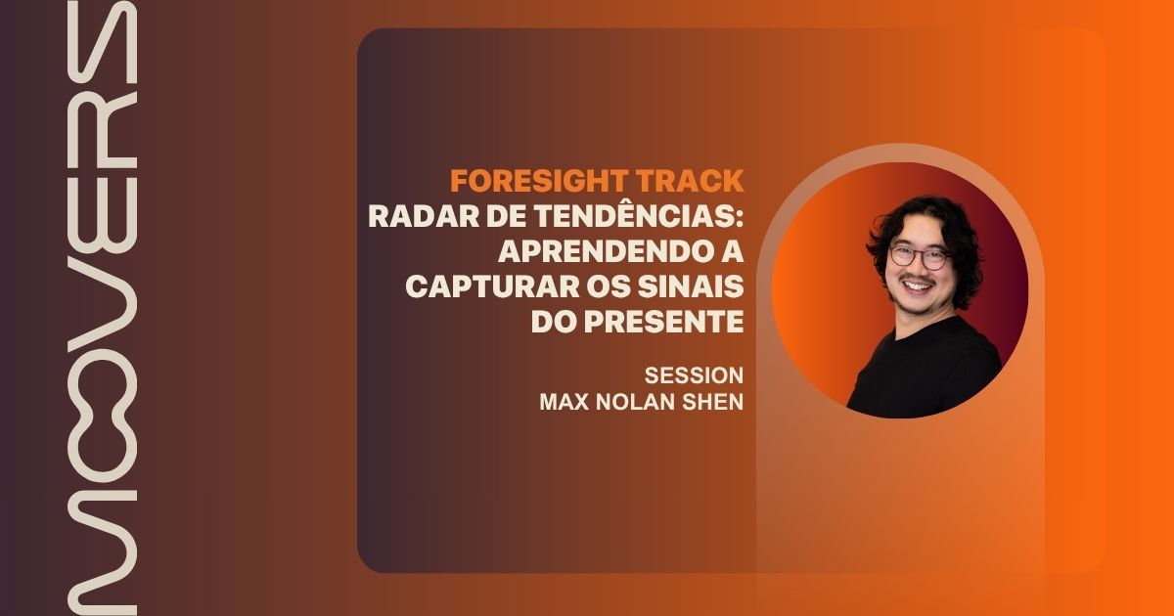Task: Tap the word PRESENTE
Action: pyautogui.click(x=664, y=321)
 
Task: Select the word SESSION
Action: pyautogui.click(x=694, y=375)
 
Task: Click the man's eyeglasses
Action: pyautogui.click(x=920, y=257)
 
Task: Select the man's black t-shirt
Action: pyautogui.click(x=926, y=372)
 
